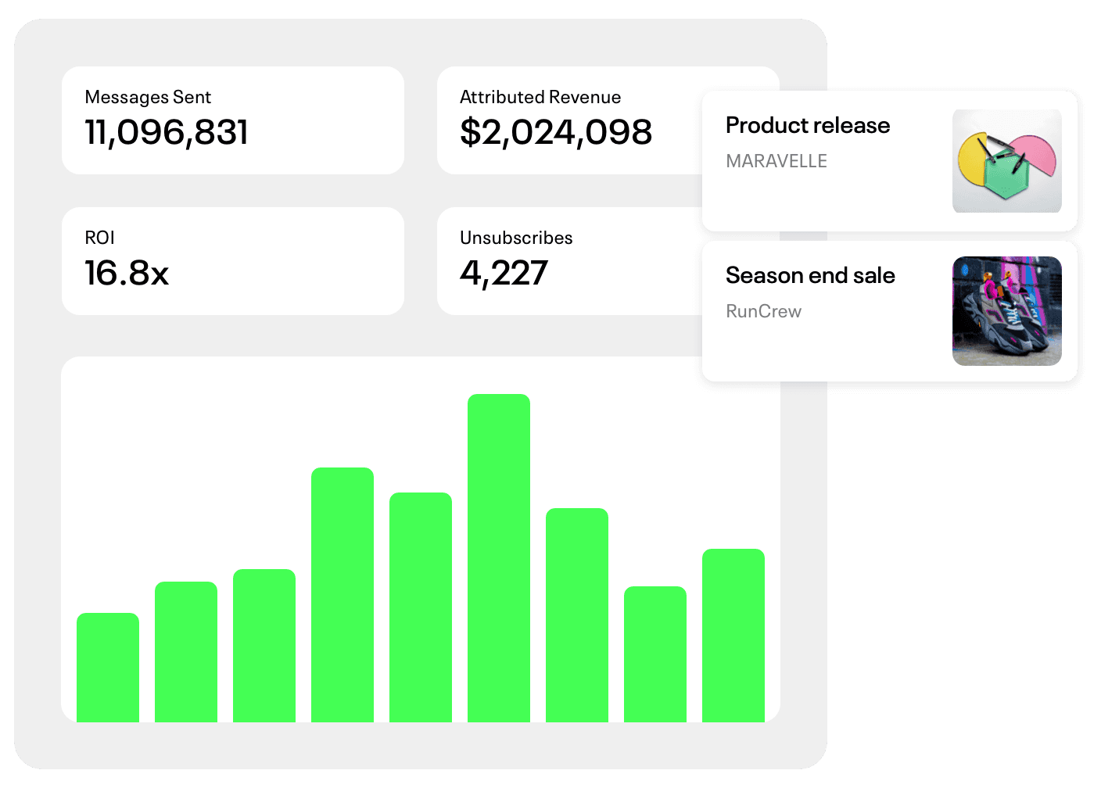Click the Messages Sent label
click(148, 97)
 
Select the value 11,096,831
click(166, 132)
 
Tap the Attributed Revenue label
click(540, 97)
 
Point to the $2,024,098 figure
click(556, 132)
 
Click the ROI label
click(100, 238)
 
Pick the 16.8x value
click(127, 273)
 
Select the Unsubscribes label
click(516, 238)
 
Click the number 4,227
click(504, 273)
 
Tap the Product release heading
click(808, 125)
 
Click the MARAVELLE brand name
click(776, 161)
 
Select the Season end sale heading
click(810, 275)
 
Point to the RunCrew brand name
click(763, 311)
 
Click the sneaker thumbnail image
click(1006, 310)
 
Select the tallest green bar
click(498, 558)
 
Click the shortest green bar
click(108, 668)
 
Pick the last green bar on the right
click(733, 636)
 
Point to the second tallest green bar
click(342, 595)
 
